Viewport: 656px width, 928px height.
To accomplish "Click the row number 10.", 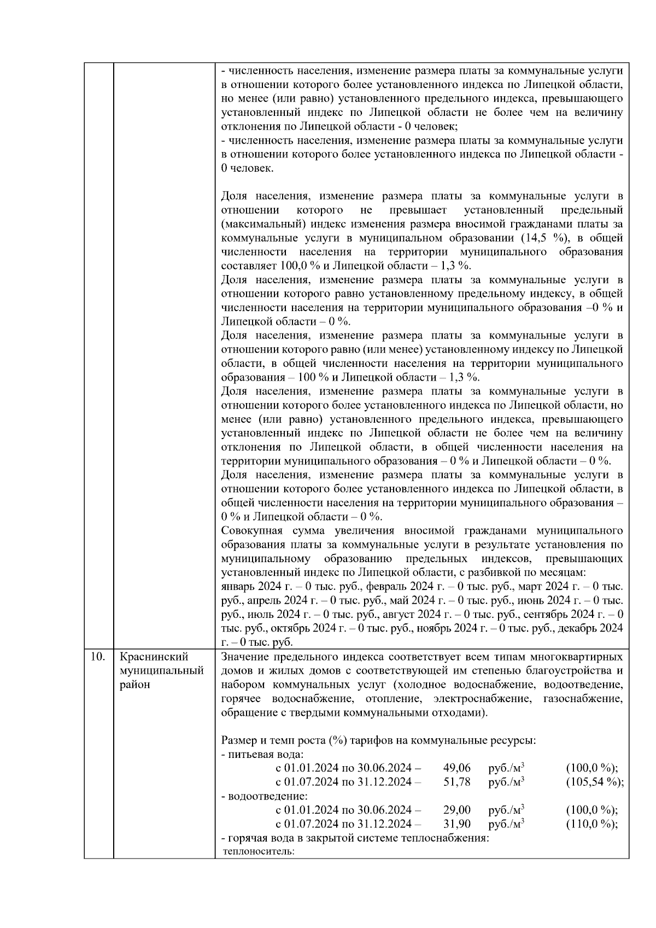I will pyautogui.click(x=97, y=657).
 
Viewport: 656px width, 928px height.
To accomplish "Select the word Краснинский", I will pyautogui.click(x=154, y=657).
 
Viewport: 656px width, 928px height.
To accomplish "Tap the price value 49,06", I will pyautogui.click(x=456, y=768).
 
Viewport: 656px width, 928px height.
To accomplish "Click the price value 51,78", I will pyautogui.click(x=456, y=782).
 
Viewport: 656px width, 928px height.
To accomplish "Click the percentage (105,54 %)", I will pyautogui.click(x=594, y=782).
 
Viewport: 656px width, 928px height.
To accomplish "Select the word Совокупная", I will pyautogui.click(x=249, y=530).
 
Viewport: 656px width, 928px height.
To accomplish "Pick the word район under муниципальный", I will pyautogui.click(x=134, y=685).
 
